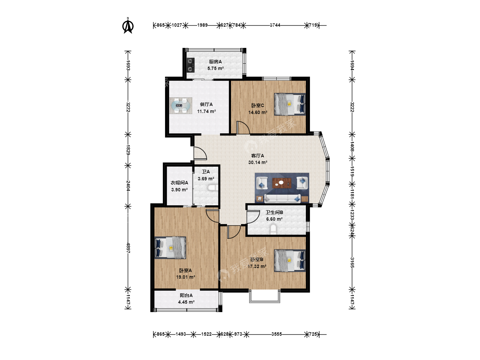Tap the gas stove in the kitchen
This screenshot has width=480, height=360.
coord(190,65)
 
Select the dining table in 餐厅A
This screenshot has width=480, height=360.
coord(180,106)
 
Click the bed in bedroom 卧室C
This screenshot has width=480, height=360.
coord(290,104)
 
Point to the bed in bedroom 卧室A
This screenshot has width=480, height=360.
coord(170,248)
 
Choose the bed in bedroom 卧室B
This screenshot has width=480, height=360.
coord(290,261)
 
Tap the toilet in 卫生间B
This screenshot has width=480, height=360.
coord(273,229)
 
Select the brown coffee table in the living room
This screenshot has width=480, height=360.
coord(282,183)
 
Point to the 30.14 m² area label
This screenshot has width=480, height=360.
coord(258,162)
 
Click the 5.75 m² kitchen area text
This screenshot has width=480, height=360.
coord(215,68)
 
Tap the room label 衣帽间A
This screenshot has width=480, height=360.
coord(179,183)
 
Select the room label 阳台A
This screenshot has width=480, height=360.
coord(186,295)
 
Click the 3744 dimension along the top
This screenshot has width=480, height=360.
coord(275,25)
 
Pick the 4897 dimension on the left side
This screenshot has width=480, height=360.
coord(128,248)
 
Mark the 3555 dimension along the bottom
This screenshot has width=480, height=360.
coord(277,334)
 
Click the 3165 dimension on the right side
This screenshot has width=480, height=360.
coord(352,263)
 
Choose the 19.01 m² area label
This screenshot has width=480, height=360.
coord(186,277)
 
